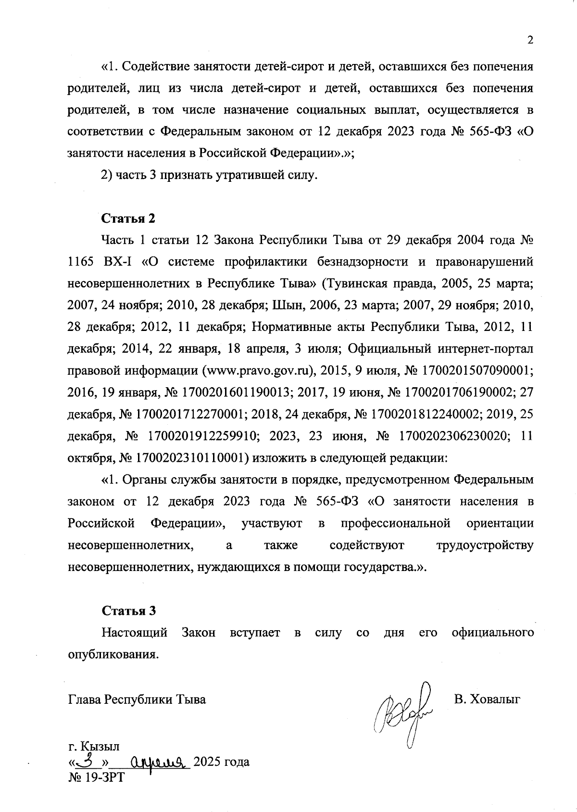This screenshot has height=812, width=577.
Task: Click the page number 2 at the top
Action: coord(530,41)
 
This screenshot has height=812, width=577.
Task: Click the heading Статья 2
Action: coord(128,218)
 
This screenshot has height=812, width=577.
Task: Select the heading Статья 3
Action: coord(128,611)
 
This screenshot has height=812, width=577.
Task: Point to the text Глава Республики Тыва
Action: coord(137,699)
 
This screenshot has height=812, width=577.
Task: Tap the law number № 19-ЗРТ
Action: coord(96,777)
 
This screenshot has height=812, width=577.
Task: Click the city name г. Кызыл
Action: coord(94,746)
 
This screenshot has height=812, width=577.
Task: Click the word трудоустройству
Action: coord(484,546)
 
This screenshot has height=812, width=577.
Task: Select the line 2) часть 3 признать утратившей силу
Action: coord(209,175)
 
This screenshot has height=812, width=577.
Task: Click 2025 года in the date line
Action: coord(221,762)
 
